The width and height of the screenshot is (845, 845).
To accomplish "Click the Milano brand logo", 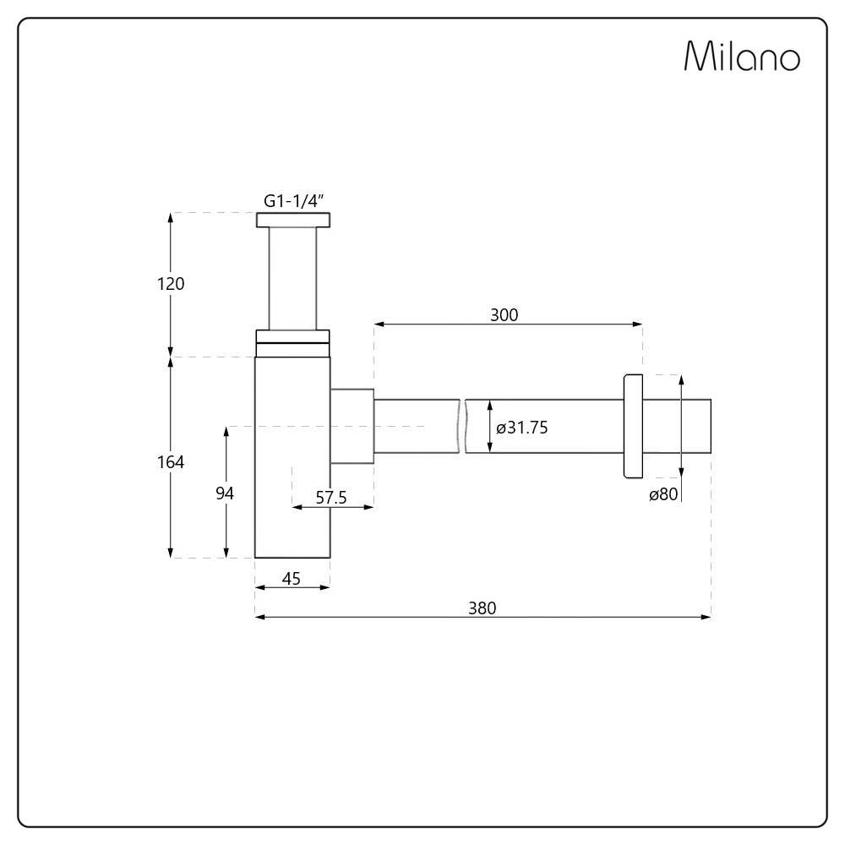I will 741,57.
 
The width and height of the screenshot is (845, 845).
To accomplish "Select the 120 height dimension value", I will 171,284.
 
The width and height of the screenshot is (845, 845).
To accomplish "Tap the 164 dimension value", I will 171,462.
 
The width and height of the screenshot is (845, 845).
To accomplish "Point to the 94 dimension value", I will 225,493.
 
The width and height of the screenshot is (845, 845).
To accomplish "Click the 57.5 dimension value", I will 331,498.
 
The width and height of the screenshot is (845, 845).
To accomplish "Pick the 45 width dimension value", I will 292,579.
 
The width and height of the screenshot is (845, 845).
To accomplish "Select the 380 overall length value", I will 482,608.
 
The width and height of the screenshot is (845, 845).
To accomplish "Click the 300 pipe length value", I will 504,315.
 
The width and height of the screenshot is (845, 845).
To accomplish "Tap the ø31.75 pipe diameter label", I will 522,428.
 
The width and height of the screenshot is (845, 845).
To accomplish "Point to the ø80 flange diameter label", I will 663,495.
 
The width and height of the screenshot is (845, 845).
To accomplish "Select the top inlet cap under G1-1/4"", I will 293,221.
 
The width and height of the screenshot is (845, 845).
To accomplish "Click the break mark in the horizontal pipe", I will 464,427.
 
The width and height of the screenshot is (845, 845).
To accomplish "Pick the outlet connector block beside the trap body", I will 352,427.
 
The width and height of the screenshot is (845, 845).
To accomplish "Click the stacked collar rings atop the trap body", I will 292,342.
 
